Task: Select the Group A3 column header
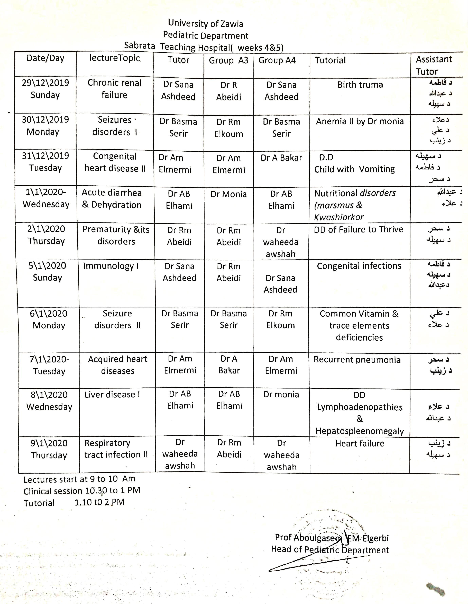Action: (228, 60)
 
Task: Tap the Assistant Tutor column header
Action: (434, 65)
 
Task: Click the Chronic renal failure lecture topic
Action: (115, 89)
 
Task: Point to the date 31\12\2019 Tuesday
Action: (46, 162)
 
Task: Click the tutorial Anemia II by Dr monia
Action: (360, 121)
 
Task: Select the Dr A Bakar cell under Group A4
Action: (281, 158)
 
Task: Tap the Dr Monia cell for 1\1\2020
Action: (228, 194)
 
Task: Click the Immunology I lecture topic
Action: (111, 266)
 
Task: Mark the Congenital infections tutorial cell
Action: (359, 266)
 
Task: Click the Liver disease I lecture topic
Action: (112, 394)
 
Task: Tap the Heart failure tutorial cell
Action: (360, 443)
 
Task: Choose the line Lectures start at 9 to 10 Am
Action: (79, 479)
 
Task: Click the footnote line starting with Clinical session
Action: (82, 491)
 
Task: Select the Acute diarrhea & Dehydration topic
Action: (112, 199)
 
